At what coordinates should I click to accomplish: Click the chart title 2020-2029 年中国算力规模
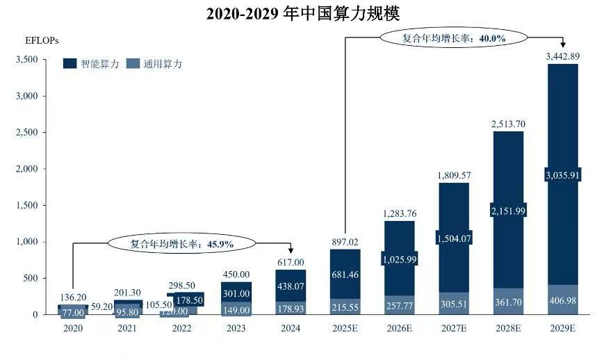pos(303,14)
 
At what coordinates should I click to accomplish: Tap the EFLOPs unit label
pos(42,40)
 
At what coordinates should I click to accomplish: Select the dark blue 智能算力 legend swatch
pos(70,64)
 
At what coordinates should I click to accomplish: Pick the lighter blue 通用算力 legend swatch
pos(133,64)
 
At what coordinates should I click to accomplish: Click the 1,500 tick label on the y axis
pos(27,205)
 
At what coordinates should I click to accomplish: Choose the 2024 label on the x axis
pos(291,328)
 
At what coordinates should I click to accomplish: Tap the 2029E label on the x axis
pos(562,328)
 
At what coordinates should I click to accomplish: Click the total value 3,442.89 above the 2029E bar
pos(562,56)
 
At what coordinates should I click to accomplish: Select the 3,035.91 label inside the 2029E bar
pos(562,175)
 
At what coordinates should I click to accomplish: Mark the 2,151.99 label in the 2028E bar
pos(508,211)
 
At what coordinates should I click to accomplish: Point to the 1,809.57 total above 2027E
pos(454,176)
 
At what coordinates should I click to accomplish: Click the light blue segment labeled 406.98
pos(562,300)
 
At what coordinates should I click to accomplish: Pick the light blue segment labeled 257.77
pos(400,305)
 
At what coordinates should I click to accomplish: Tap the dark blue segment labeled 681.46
pos(345,275)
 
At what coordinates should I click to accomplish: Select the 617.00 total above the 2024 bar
pos(291,262)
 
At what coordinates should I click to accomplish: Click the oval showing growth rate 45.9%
pos(182,243)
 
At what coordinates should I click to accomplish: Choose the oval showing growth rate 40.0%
pos(454,38)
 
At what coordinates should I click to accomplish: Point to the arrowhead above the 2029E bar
pos(562,44)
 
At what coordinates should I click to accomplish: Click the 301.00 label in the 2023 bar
pos(236,293)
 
